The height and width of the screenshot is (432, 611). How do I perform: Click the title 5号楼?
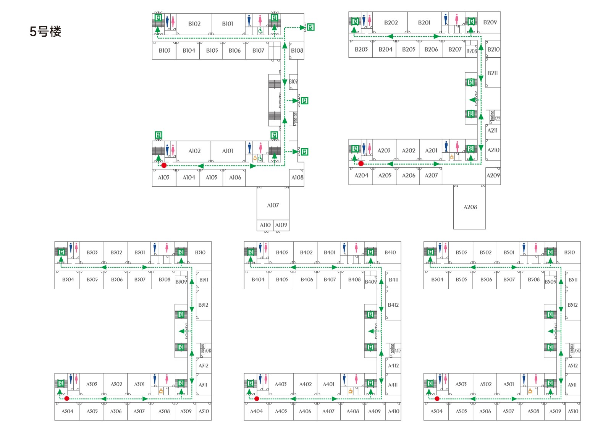click(45, 31)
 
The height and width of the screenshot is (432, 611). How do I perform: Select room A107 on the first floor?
click(273, 205)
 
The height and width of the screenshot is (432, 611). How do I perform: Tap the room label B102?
click(194, 24)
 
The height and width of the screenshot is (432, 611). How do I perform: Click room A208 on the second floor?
click(470, 207)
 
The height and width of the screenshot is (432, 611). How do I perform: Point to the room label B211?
click(493, 73)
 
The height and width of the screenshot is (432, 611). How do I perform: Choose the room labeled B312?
click(203, 305)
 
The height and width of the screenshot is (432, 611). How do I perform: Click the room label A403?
click(281, 384)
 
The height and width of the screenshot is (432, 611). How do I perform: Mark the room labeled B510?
click(569, 252)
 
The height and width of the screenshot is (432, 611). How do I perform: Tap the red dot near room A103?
click(164, 165)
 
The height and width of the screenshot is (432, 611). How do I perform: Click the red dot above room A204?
click(361, 163)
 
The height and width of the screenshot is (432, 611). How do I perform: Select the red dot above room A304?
click(67, 398)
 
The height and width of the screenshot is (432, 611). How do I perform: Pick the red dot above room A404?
click(257, 398)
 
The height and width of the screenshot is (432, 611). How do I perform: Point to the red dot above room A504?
click(437, 398)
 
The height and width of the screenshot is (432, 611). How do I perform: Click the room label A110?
click(265, 225)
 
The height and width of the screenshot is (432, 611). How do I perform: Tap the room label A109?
click(281, 225)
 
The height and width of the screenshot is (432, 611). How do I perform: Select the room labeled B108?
click(297, 50)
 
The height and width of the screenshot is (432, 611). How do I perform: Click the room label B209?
click(490, 23)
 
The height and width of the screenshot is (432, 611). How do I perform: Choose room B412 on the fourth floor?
click(393, 305)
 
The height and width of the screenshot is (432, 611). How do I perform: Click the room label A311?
click(203, 385)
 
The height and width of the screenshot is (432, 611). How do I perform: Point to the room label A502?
click(485, 384)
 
